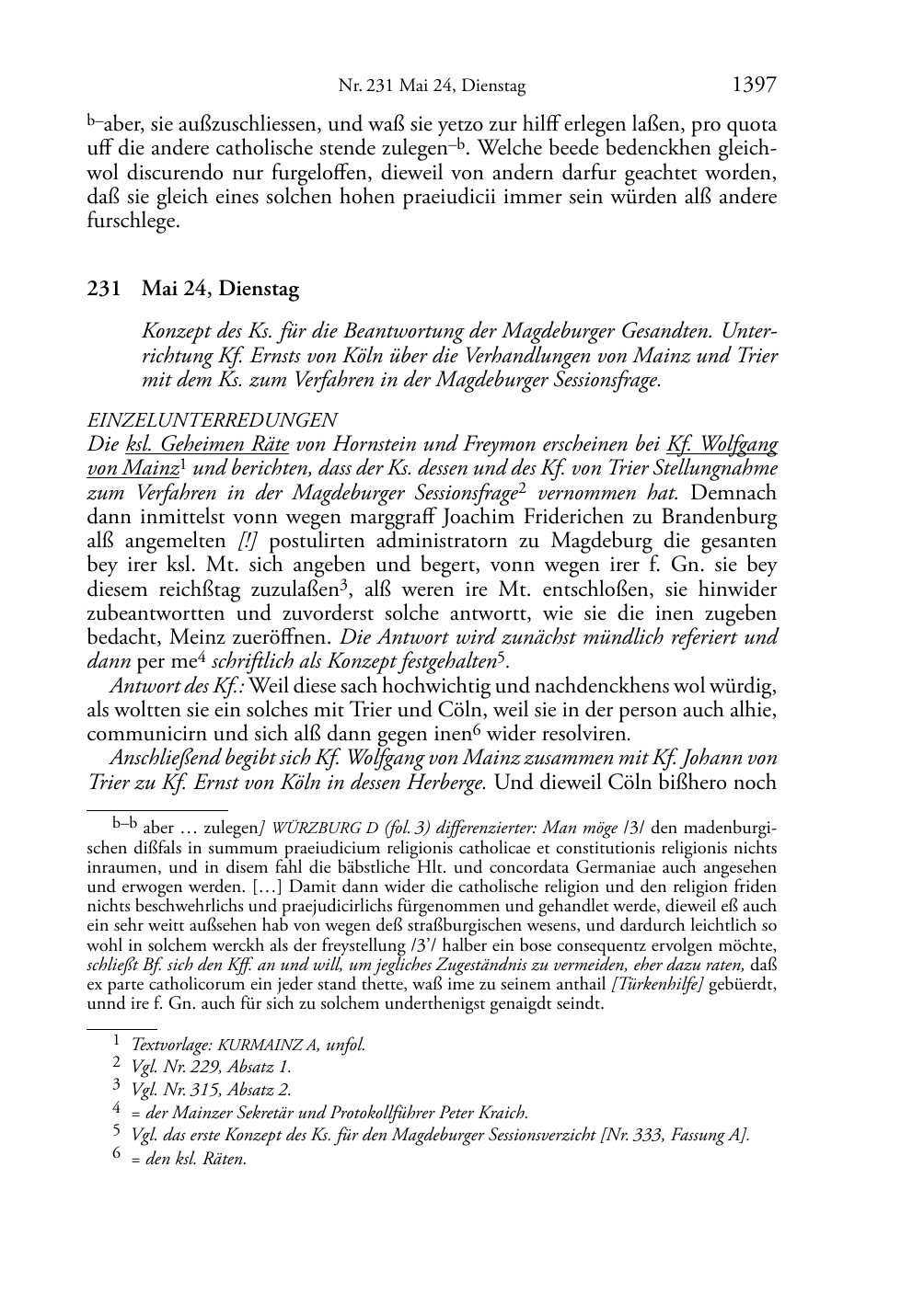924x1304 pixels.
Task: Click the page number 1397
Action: pos(754,86)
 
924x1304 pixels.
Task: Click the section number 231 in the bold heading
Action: pos(103,289)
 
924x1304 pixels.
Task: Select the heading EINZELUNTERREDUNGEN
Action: pos(212,421)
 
